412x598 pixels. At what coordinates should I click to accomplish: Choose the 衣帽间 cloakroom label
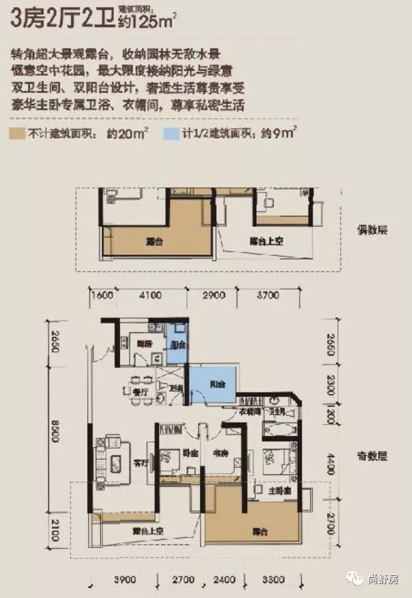(x=249, y=412)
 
